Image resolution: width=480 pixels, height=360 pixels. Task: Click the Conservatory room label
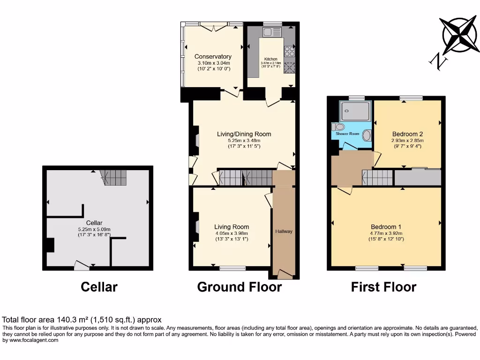point(213,57)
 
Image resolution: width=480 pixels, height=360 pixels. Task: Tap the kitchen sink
point(272,32)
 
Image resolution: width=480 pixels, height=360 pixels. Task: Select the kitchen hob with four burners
point(289,51)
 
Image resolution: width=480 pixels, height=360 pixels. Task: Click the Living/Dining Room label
point(244,134)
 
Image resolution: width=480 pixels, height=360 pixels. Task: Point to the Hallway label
point(284,231)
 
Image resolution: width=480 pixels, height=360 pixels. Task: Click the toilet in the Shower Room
point(337,127)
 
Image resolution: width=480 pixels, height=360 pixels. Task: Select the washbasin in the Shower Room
point(367,135)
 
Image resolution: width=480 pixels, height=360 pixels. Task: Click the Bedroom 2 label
point(407,133)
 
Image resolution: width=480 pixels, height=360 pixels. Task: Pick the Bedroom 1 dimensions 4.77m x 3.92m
point(386,233)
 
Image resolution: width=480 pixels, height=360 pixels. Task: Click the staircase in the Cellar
point(114,177)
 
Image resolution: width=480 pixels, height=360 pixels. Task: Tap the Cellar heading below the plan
point(99,287)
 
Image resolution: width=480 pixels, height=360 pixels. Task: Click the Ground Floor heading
point(239,287)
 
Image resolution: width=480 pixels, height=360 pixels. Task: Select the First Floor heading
point(383,287)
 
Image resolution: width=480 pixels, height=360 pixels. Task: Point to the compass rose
point(460,35)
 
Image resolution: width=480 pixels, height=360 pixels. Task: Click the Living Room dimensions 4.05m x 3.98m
point(232,233)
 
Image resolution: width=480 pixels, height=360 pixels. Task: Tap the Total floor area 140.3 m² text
point(82,320)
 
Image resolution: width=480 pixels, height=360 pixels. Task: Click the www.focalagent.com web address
point(32,340)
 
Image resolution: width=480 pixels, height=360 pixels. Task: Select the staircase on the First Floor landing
point(377,178)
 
